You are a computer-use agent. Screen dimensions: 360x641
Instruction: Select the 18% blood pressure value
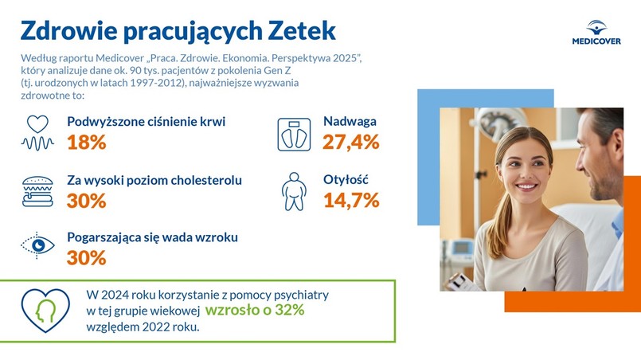click(87, 143)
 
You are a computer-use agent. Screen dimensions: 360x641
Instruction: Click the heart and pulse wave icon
click(37, 133)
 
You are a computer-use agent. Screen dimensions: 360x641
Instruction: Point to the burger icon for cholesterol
click(37, 190)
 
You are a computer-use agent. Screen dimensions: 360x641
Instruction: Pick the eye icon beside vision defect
click(37, 246)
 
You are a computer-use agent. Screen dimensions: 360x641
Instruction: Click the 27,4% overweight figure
click(350, 143)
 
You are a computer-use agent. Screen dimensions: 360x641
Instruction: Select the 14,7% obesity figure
click(350, 200)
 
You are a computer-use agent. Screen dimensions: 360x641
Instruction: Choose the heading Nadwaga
click(350, 122)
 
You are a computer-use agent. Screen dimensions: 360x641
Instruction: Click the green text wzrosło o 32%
click(255, 311)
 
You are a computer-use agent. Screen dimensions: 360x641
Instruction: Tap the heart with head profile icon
click(45, 309)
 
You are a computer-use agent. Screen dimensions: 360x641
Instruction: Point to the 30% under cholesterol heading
click(87, 201)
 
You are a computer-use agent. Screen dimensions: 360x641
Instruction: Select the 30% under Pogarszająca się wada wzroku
click(87, 257)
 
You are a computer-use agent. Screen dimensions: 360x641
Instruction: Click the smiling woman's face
click(518, 169)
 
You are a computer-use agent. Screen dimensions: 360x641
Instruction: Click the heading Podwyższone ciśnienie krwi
click(147, 122)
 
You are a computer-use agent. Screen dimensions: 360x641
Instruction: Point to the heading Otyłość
click(346, 179)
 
